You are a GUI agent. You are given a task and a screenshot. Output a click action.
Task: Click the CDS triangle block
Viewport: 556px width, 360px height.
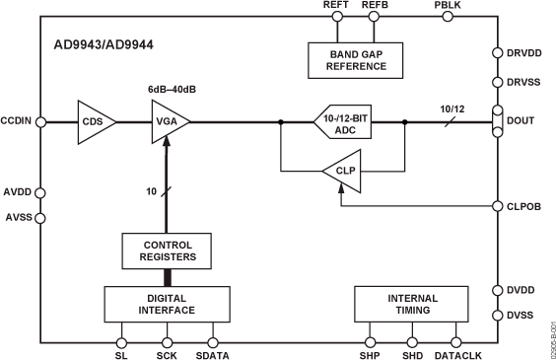(x=95, y=122)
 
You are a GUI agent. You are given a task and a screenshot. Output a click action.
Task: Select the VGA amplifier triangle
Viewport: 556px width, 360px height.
(x=165, y=122)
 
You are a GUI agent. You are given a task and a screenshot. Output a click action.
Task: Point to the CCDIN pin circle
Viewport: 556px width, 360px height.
(x=39, y=122)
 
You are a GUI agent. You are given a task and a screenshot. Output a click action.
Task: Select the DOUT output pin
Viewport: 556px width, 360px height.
(x=497, y=122)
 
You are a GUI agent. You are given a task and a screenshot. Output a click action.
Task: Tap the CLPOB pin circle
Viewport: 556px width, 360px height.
(x=497, y=206)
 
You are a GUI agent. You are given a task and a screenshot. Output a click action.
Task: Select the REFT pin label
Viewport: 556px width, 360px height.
(x=336, y=6)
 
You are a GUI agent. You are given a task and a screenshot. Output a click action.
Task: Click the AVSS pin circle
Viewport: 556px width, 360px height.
(x=39, y=216)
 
